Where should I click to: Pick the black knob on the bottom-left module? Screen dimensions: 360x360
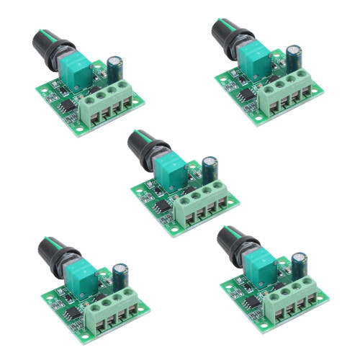53,248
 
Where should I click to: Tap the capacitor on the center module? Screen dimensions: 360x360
210,169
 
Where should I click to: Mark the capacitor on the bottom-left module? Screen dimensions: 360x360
120,276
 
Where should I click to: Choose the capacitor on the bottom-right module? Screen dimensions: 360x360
298,264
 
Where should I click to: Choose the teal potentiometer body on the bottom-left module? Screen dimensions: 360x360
82,276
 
